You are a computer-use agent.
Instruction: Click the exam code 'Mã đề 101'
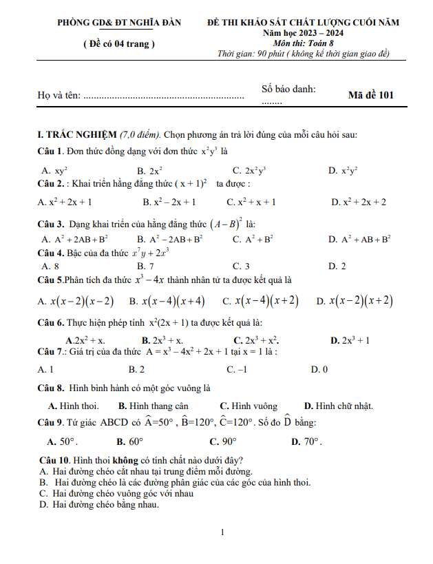point(371,96)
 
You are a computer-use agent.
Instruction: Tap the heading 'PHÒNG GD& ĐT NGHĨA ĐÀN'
point(120,23)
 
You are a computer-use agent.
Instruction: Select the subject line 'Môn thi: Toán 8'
point(303,43)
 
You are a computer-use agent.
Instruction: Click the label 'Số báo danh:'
point(288,89)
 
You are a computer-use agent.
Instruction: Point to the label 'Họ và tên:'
point(59,96)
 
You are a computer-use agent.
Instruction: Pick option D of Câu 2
point(358,202)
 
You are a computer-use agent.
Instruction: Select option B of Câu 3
point(169,239)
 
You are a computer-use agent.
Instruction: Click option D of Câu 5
point(355,301)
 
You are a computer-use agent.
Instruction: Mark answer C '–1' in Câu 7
point(237,370)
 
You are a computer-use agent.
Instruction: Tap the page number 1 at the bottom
point(222,532)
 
